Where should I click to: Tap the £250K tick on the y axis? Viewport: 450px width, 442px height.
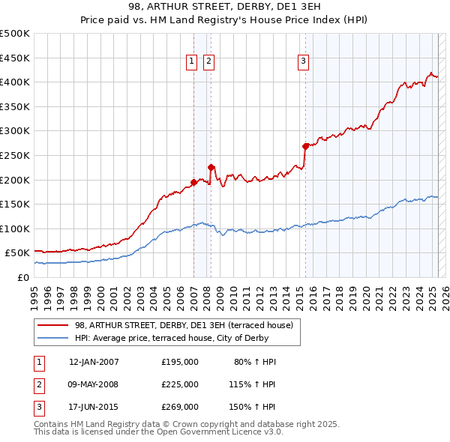15,155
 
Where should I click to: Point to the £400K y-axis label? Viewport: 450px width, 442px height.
15,82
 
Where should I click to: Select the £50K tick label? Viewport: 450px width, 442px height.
18,253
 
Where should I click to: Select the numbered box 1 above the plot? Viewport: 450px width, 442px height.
191,61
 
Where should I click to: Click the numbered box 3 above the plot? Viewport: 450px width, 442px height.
303,61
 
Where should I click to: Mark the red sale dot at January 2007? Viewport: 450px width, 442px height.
193,182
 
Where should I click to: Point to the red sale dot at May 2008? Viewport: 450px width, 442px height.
211,167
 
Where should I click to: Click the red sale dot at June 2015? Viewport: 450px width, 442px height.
305,146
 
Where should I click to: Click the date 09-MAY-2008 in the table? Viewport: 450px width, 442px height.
94,384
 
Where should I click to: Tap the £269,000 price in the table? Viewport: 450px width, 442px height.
180,407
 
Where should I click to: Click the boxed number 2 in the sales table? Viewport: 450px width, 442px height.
37,384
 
